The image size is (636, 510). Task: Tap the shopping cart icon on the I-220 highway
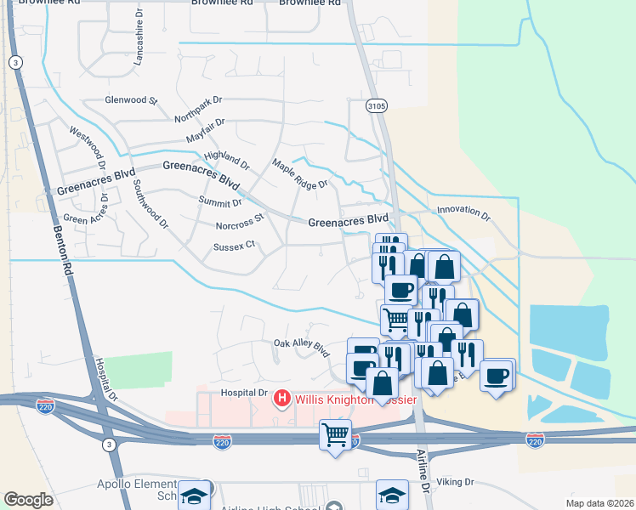pyautogui.click(x=336, y=435)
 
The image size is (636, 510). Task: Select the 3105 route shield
pyautogui.click(x=377, y=105)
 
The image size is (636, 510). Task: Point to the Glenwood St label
pyautogui.click(x=131, y=100)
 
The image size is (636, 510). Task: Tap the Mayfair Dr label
pyautogui.click(x=206, y=129)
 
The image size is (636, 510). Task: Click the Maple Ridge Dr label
pyautogui.click(x=299, y=173)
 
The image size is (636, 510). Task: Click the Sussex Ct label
pyautogui.click(x=234, y=246)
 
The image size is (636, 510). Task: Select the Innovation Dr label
pyautogui.click(x=463, y=212)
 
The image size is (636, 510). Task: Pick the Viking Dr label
pyautogui.click(x=456, y=481)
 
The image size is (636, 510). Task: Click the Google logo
pyautogui.click(x=29, y=500)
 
